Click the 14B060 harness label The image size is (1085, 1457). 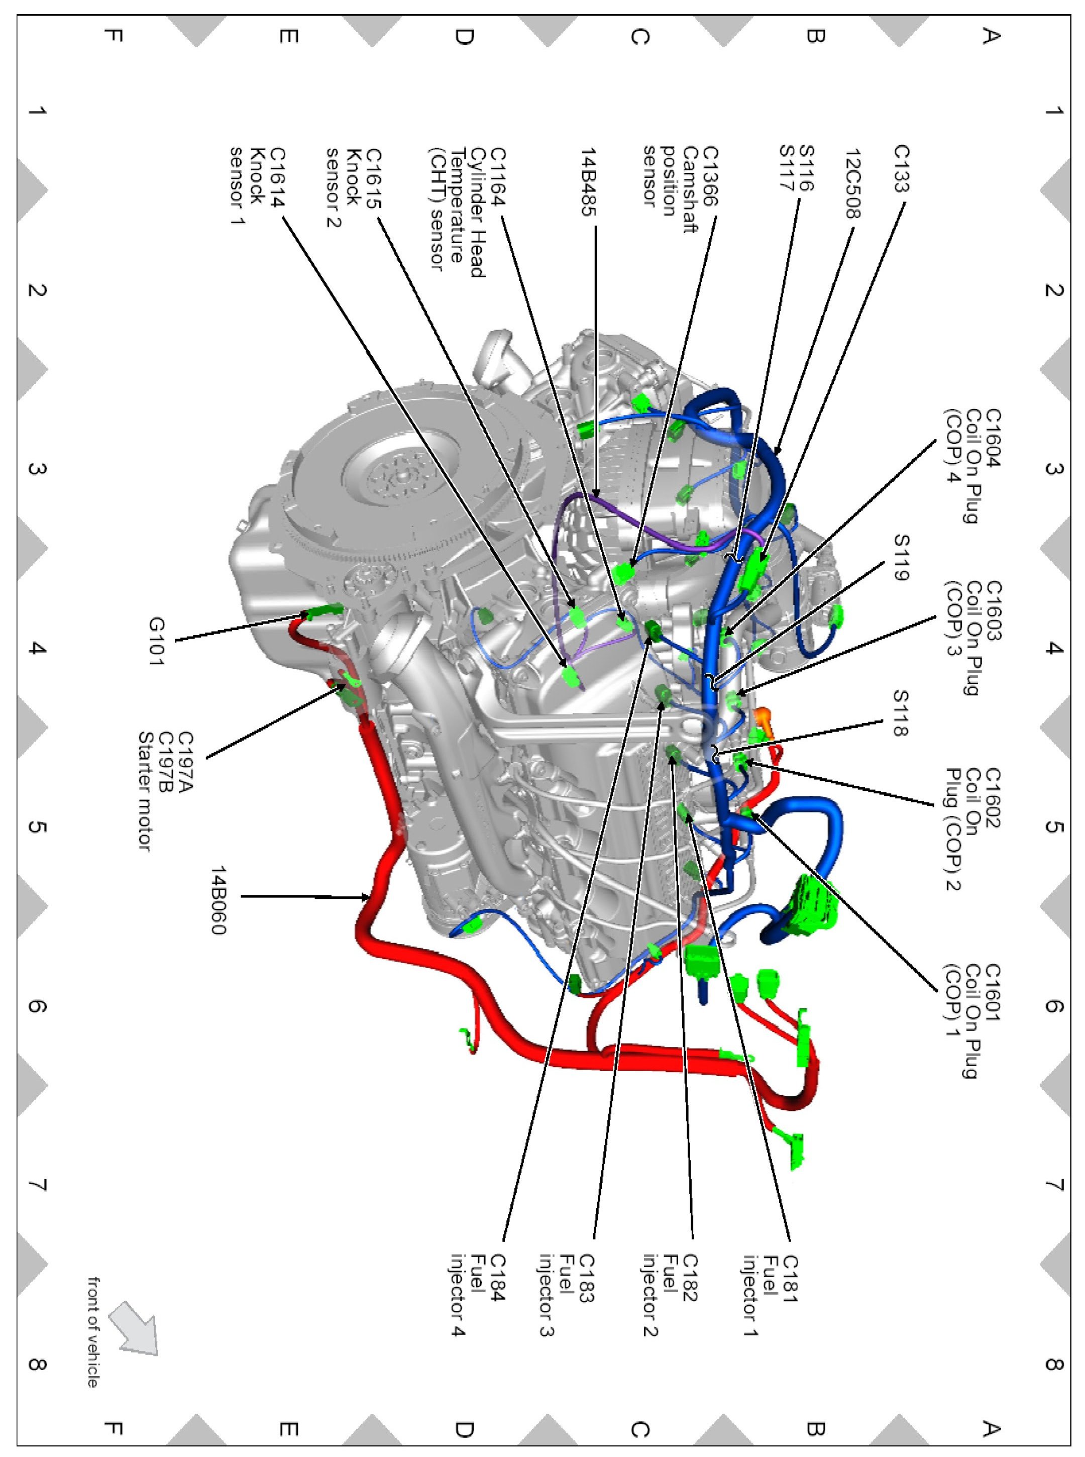pyautogui.click(x=219, y=899)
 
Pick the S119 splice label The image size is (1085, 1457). pyautogui.click(x=901, y=557)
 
